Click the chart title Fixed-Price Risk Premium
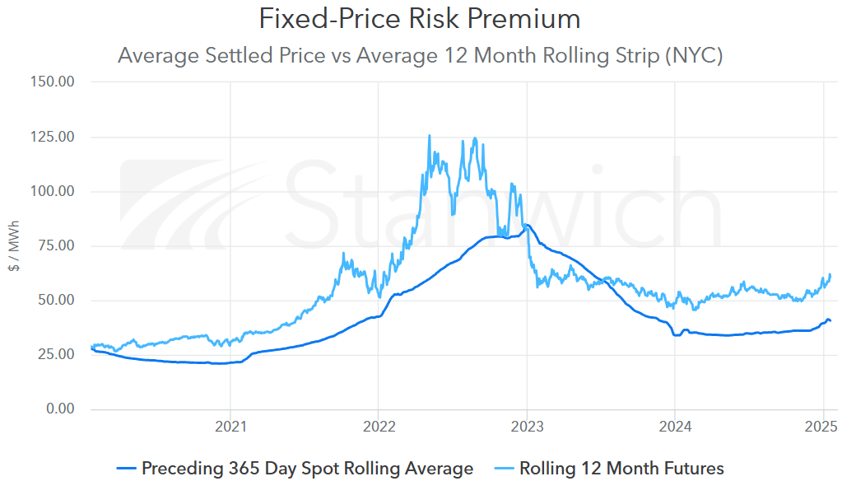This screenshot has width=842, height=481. tap(420, 18)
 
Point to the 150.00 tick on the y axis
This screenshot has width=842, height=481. tap(52, 82)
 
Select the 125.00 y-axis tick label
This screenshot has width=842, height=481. tap(52, 137)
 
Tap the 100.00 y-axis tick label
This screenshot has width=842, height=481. tap(52, 191)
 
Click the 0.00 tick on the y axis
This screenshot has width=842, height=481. tap(59, 409)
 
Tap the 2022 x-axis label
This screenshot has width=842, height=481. tap(378, 427)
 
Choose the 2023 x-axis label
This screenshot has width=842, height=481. tap(526, 427)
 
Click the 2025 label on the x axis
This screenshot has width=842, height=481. tap(820, 427)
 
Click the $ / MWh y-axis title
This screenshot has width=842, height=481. tap(14, 245)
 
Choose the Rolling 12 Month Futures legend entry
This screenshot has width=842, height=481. tap(621, 469)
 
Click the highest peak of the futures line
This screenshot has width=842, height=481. tap(429, 136)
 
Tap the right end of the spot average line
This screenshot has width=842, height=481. tap(830, 320)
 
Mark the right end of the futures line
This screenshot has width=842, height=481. tap(830, 274)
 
